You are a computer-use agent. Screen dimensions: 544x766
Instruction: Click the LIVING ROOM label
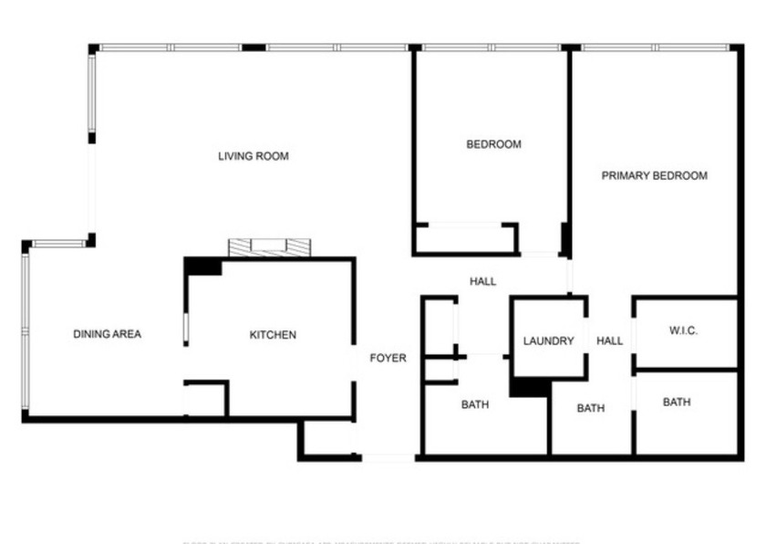click(253, 156)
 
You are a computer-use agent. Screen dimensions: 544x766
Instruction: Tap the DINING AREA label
click(107, 334)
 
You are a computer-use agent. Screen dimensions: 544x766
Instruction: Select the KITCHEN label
click(273, 335)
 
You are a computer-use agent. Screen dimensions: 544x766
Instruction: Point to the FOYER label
click(388, 358)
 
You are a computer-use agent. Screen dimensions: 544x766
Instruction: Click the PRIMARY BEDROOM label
click(654, 175)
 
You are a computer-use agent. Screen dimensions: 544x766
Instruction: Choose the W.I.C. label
click(683, 330)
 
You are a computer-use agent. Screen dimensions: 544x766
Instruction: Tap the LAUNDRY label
click(548, 341)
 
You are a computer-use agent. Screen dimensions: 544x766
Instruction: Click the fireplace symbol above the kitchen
click(270, 246)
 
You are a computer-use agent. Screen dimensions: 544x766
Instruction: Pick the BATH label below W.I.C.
click(677, 403)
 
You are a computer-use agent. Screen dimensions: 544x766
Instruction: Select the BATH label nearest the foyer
click(474, 404)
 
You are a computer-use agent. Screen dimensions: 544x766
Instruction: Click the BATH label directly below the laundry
click(590, 408)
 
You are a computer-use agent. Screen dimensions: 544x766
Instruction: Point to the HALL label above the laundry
click(482, 281)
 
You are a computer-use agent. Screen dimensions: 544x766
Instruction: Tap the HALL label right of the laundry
click(609, 341)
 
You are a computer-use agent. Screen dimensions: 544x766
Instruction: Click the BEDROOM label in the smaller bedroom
click(493, 144)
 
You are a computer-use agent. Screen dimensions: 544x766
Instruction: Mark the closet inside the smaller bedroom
click(464, 238)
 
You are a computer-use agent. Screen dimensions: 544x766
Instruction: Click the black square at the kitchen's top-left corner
click(202, 266)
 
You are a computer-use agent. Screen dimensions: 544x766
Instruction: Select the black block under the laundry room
click(528, 387)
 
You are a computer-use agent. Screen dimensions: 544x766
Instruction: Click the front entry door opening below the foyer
click(388, 456)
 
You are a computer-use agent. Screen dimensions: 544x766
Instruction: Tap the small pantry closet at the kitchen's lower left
click(205, 400)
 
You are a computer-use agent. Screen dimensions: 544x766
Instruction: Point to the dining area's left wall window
click(26, 333)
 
